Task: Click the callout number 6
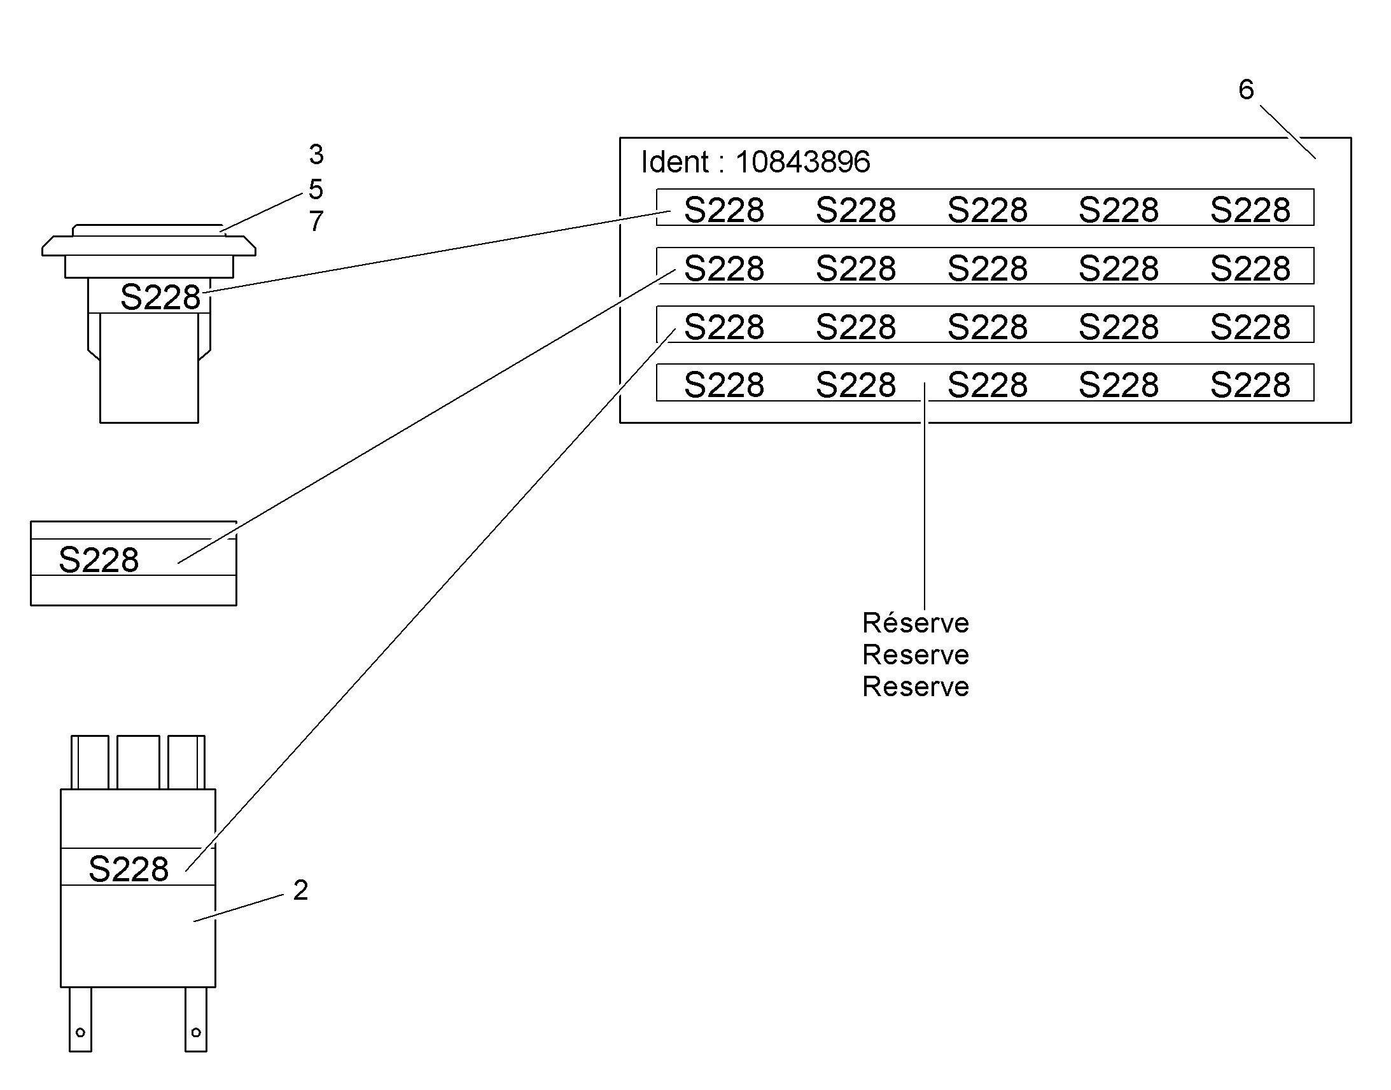pyautogui.click(x=1246, y=89)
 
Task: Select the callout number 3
pyautogui.click(x=316, y=155)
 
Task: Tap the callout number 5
pyautogui.click(x=316, y=189)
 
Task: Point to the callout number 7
pyautogui.click(x=316, y=221)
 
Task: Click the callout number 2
pyautogui.click(x=300, y=890)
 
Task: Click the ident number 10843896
pyautogui.click(x=802, y=162)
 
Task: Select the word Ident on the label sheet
pyautogui.click(x=675, y=162)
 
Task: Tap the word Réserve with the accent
pyautogui.click(x=916, y=622)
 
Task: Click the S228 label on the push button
pyautogui.click(x=160, y=297)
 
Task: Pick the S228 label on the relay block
pyautogui.click(x=129, y=869)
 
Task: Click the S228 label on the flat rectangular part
pyautogui.click(x=98, y=560)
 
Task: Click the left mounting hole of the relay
pyautogui.click(x=80, y=1032)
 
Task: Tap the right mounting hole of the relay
pyautogui.click(x=196, y=1032)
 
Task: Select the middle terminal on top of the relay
pyautogui.click(x=139, y=762)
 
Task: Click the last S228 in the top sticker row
pyautogui.click(x=1250, y=210)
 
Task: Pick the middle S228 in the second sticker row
pyautogui.click(x=987, y=269)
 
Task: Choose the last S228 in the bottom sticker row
pyautogui.click(x=1250, y=385)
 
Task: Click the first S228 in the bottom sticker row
pyautogui.click(x=724, y=385)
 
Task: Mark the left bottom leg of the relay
pyautogui.click(x=80, y=1019)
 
